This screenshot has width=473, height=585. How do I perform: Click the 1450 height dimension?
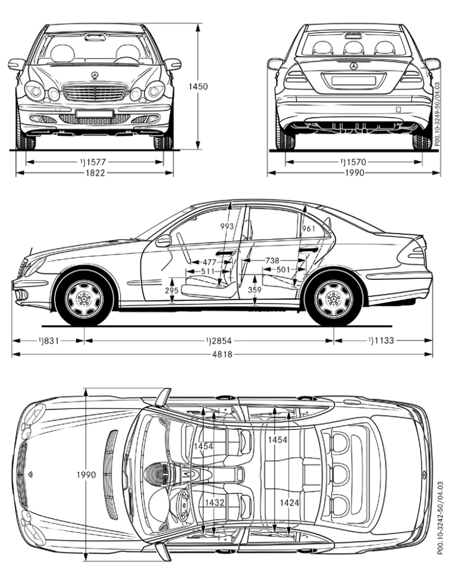[198, 87]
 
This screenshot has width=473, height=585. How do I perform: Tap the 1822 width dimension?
[95, 173]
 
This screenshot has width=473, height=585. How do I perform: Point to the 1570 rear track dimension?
[355, 161]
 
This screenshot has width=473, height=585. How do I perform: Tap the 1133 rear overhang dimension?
[380, 341]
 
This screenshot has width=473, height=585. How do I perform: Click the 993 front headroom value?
[227, 227]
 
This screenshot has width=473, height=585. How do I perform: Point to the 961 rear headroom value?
[308, 229]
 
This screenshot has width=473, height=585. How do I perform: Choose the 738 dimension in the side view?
[272, 261]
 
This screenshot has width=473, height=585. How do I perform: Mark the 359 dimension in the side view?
[254, 291]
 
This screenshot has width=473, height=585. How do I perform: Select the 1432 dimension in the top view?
[215, 502]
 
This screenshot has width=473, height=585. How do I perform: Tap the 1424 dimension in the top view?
[290, 502]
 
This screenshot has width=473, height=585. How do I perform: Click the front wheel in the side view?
[84, 299]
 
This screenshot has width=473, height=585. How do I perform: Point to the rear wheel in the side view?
[333, 299]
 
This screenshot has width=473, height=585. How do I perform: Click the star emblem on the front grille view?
[95, 74]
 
